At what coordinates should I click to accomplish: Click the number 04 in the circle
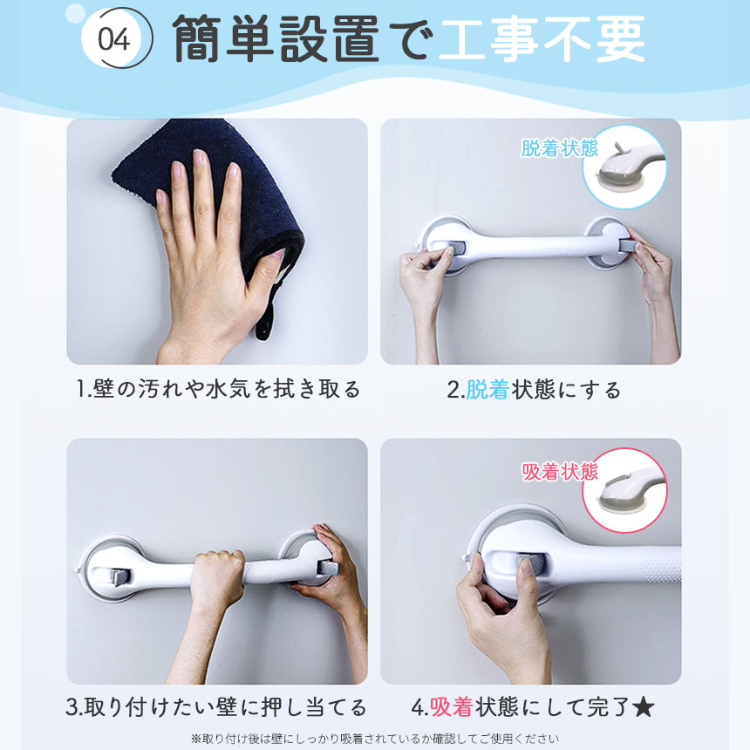114,40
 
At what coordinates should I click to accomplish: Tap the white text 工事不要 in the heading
542,38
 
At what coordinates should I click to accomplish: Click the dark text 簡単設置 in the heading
276,38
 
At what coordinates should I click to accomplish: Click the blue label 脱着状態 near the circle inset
559,148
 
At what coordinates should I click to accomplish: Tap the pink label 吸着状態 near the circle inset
560,472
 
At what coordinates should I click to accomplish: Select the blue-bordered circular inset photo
624,167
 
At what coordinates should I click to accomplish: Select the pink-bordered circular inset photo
624,490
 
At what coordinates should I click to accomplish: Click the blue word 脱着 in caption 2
487,390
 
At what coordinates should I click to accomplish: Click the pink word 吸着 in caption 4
452,707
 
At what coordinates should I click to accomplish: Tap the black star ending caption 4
643,707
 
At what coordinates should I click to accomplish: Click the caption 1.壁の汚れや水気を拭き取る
218,389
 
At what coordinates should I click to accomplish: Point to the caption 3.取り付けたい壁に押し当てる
216,707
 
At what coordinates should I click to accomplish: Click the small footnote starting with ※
374,739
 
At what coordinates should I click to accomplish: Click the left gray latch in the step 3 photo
120,577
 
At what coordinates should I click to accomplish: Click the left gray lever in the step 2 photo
456,249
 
